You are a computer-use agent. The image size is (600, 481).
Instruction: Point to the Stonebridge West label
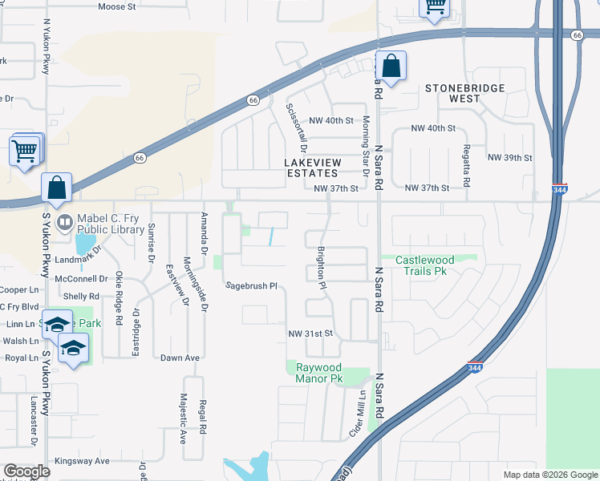tap(464, 93)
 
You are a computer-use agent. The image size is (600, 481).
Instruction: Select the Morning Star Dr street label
tap(365, 145)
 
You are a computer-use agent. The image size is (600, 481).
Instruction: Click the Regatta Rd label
tap(466, 150)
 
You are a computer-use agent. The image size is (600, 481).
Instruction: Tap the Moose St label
tap(117, 6)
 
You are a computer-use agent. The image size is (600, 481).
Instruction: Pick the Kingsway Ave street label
tap(82, 461)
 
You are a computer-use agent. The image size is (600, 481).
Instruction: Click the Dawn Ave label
tap(180, 358)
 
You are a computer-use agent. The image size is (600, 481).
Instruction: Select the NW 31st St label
tap(310, 333)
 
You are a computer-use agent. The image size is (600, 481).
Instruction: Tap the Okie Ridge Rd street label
tap(119, 297)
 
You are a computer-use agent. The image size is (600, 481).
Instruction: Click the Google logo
tap(26, 471)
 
